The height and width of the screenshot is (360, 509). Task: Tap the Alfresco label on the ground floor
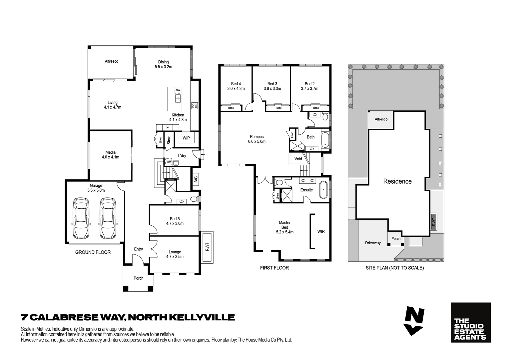(x=111, y=61)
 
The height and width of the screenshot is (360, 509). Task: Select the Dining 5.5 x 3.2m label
(x=163, y=64)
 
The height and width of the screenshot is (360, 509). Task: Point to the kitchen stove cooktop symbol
(x=195, y=106)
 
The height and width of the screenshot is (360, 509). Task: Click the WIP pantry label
(x=186, y=138)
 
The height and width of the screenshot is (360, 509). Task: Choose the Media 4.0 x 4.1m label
(x=110, y=155)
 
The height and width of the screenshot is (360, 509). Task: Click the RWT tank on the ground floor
(x=207, y=247)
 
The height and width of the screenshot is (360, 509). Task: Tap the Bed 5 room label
(x=175, y=221)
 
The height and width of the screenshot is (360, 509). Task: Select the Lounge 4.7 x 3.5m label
(x=175, y=254)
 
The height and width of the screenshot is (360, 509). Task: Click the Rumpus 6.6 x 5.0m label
(x=256, y=139)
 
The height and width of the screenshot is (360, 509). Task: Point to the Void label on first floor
(x=298, y=159)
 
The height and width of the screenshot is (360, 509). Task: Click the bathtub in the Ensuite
(x=323, y=190)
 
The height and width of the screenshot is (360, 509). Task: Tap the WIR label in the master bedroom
(x=321, y=231)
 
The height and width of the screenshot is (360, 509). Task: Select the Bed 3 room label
(x=272, y=86)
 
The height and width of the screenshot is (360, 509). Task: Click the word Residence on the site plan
(x=397, y=181)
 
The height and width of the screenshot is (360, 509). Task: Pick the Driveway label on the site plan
(x=372, y=243)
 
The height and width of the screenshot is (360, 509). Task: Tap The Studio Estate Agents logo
(x=470, y=322)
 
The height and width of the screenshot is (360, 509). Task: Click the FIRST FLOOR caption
(x=274, y=268)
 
